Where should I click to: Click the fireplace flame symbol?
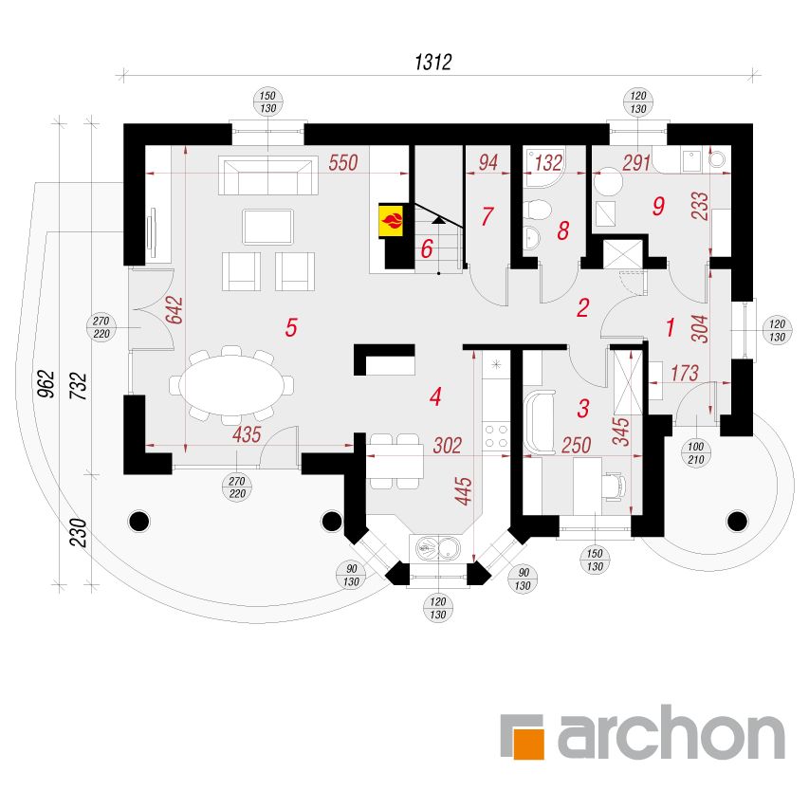(392, 221)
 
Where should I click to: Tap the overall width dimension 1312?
(433, 62)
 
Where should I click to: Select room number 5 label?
(291, 327)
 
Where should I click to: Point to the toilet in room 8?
(537, 209)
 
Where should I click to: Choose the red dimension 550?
(343, 162)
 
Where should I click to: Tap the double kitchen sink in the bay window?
(438, 548)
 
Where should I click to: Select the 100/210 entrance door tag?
(695, 453)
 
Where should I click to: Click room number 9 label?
(658, 207)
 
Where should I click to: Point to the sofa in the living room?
(268, 175)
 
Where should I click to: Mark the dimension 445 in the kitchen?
(464, 491)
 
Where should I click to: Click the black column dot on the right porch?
(737, 522)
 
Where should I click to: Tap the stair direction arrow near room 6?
(438, 221)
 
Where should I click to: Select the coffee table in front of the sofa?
(267, 227)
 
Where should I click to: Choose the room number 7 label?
(487, 216)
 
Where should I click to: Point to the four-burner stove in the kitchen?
(496, 436)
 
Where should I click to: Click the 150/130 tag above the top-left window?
(267, 102)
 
